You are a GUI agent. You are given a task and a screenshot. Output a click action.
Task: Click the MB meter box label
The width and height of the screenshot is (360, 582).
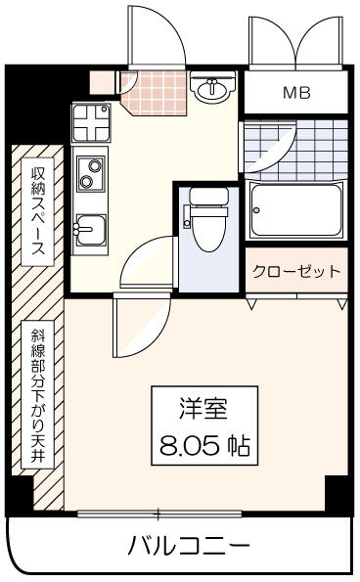pos(296,92)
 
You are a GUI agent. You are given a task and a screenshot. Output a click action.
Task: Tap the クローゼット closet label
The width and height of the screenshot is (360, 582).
pos(296,271)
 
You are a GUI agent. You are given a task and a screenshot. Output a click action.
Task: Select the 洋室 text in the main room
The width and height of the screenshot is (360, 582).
pos(203,408)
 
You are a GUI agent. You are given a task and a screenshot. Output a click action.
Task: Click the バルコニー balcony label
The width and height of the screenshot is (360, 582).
pos(189,545)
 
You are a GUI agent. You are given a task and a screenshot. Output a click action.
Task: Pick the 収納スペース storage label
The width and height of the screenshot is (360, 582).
pos(37,211)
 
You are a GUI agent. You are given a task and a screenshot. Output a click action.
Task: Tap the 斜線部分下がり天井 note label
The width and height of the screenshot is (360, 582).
pos(37,394)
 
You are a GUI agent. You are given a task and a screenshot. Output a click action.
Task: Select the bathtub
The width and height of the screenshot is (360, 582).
pos(295,210)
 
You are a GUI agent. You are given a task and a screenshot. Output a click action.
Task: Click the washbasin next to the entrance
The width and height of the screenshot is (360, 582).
pos(212,88)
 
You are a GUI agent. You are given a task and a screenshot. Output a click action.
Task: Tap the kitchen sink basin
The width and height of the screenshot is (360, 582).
pos(91,230)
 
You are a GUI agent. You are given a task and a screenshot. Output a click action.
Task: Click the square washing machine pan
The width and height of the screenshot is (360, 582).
pos(91,123)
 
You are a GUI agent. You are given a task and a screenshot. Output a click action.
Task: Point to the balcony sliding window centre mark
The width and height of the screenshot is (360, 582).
pos(158,515)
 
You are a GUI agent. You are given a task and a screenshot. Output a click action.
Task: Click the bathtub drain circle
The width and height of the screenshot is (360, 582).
pos(256,210)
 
